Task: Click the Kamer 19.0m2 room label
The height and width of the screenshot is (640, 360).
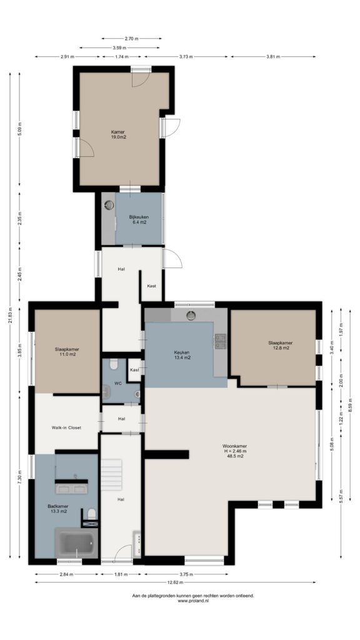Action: point(118,134)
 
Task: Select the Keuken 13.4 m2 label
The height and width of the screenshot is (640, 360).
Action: point(182,354)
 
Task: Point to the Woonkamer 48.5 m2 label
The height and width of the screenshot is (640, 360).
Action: point(234,451)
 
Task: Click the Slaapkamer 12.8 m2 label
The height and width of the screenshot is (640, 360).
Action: point(281,345)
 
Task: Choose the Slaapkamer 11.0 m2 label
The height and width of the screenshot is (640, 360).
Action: point(67,352)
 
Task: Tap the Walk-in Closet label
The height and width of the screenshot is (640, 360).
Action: point(66,427)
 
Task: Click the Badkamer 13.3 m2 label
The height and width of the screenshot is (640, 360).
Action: point(57,508)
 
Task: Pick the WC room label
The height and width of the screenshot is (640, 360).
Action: point(118,382)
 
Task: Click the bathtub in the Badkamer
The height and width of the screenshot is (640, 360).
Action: point(76,543)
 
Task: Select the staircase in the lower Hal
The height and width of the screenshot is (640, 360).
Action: point(111,474)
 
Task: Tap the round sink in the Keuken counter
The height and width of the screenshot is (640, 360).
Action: point(191,315)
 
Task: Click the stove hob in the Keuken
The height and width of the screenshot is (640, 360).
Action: point(221,342)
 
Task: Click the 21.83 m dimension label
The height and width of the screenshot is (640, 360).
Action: point(11,316)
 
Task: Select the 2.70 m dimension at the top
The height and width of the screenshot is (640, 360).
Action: point(131,38)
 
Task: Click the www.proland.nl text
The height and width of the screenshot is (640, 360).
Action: point(193,601)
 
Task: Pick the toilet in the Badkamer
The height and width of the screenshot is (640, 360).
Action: point(92,513)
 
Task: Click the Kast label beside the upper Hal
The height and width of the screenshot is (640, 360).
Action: point(151,286)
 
